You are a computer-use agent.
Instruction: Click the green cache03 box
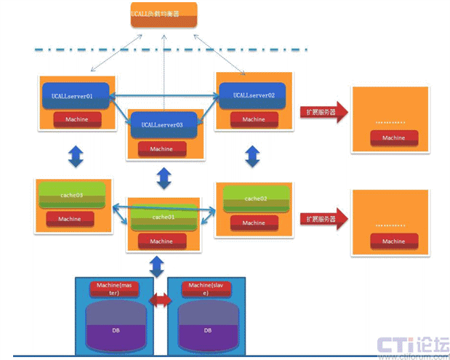coord(71,196)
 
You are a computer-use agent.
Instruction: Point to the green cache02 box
coord(256,199)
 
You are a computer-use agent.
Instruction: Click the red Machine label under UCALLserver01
coord(78,119)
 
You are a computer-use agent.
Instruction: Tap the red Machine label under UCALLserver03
coord(161,148)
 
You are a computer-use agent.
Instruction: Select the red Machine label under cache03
coord(70,218)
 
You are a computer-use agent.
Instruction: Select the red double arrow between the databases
coord(160,300)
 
